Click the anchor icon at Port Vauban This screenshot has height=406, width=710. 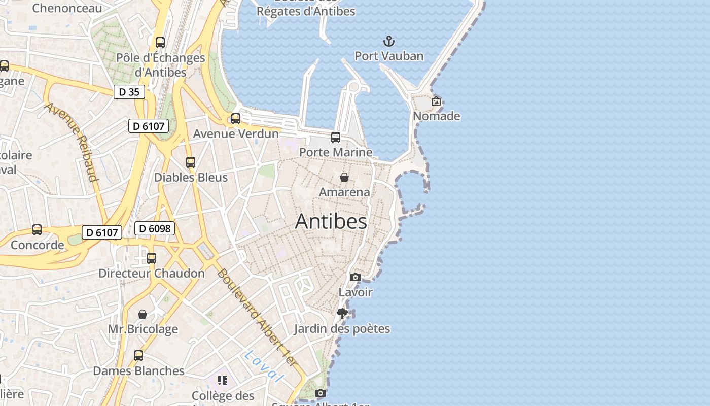(388, 41)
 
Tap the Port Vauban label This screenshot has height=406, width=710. (388, 56)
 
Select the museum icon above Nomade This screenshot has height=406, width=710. (436, 101)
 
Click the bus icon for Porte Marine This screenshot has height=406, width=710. (335, 137)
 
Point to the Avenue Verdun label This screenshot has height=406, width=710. (236, 134)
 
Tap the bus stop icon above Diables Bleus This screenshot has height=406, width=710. (190, 162)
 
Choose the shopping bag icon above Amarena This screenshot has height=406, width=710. (344, 177)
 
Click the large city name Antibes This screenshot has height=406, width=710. (331, 221)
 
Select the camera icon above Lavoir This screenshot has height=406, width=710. (356, 277)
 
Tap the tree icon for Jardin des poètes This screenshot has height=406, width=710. (342, 314)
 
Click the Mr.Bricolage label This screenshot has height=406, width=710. (143, 329)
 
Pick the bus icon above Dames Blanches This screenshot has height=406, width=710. (138, 355)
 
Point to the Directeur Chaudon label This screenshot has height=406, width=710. (151, 273)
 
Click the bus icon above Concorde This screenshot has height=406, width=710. (37, 230)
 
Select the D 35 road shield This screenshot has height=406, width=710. (129, 92)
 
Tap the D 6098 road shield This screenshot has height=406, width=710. (155, 228)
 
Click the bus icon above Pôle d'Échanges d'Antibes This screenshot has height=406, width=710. (160, 43)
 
